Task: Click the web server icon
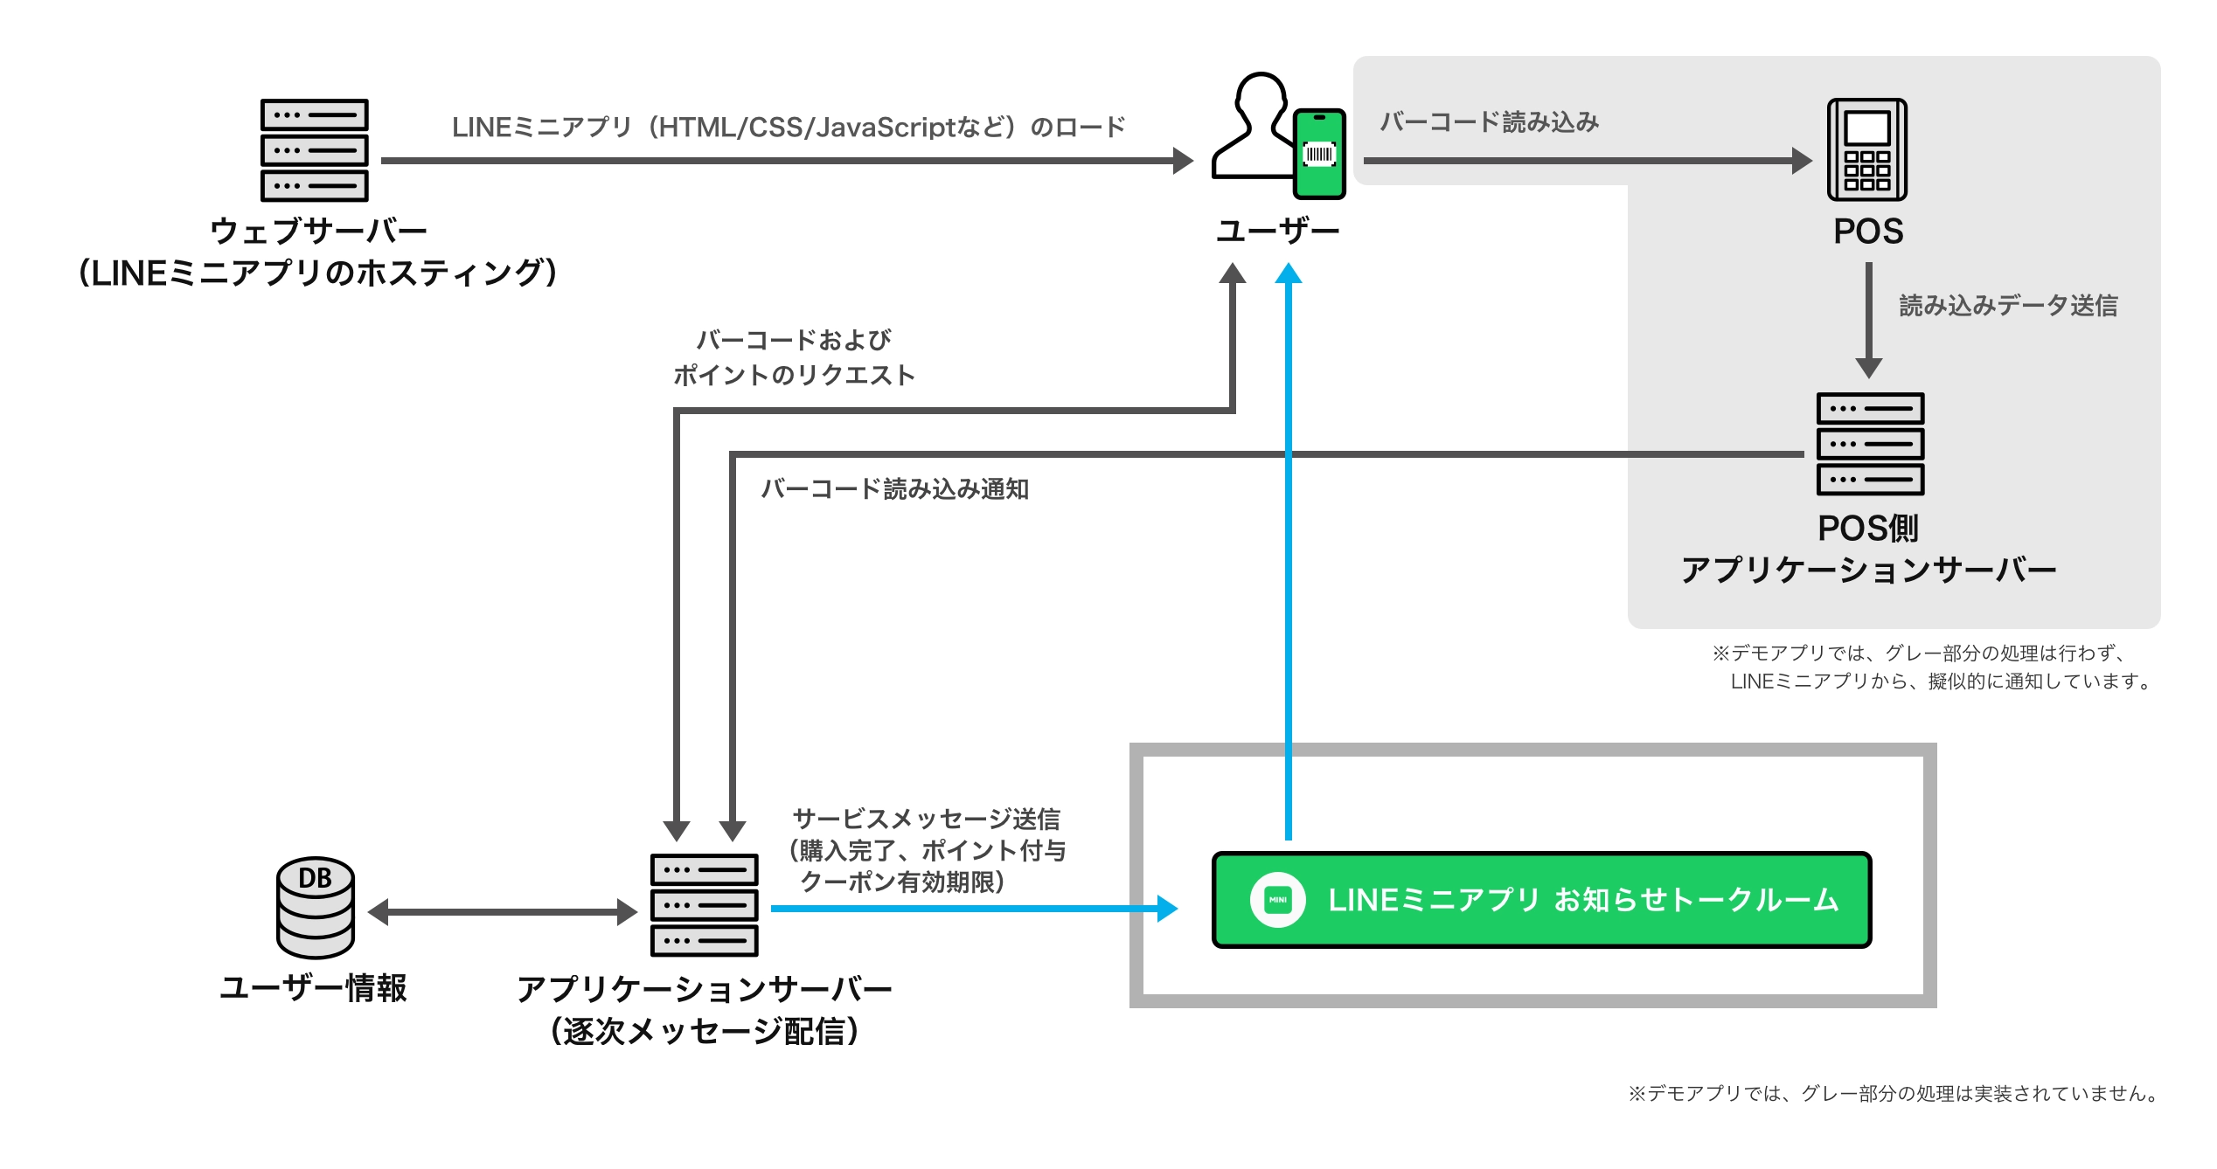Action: pos(314,149)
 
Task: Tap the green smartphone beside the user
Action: pos(1319,154)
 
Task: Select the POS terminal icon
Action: pos(1867,149)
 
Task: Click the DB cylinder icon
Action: pos(316,907)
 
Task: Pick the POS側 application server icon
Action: pos(1870,444)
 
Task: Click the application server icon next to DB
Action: pos(704,905)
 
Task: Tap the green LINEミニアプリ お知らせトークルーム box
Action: pos(1541,900)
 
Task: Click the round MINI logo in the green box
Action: pos(1277,900)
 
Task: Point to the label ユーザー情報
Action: pos(313,988)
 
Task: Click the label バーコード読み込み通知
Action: pos(894,488)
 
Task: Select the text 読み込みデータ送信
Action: pos(2008,306)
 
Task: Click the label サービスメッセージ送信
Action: pos(926,819)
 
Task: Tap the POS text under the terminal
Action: pos(1868,232)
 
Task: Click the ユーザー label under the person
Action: pos(1277,232)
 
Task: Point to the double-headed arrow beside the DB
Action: pos(503,912)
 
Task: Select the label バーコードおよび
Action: pos(793,340)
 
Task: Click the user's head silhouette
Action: pos(1261,98)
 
